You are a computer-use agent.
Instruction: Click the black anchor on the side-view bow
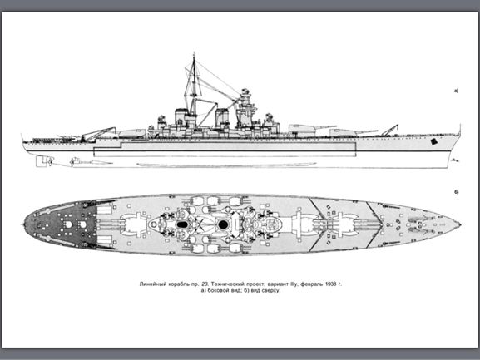pyautogui.click(x=433, y=141)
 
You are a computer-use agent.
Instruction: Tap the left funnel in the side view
pyautogui.click(x=181, y=117)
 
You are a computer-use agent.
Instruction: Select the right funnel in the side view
pyautogui.click(x=221, y=118)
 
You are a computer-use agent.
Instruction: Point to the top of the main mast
pyautogui.click(x=194, y=54)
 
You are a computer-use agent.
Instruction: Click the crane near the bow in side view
pyautogui.click(x=389, y=131)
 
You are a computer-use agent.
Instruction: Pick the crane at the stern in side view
pyautogui.click(x=98, y=134)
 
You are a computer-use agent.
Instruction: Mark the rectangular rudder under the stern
pyautogui.click(x=40, y=161)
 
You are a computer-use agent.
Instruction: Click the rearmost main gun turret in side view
pyautogui.click(x=132, y=133)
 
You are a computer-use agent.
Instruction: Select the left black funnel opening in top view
pyautogui.click(x=182, y=224)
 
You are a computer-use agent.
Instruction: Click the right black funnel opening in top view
pyautogui.click(x=223, y=224)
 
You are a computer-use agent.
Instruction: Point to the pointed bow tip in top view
pyautogui.click(x=459, y=224)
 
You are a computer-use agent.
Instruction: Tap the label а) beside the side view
pyautogui.click(x=456, y=91)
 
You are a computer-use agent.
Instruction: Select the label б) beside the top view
pyautogui.click(x=456, y=192)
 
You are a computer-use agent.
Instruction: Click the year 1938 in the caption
pyautogui.click(x=329, y=284)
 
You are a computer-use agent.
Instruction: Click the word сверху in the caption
pyautogui.click(x=272, y=290)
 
